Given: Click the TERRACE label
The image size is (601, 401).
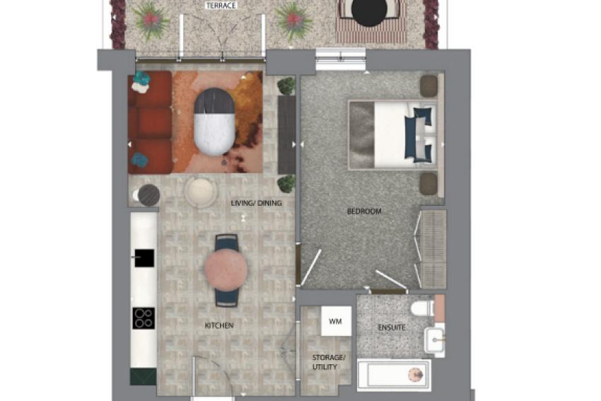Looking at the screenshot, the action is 221,6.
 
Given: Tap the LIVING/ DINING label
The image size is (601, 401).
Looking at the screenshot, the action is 257,203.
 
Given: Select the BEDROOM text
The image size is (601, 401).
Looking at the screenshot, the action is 364,211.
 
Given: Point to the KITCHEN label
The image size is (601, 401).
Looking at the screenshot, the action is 219,325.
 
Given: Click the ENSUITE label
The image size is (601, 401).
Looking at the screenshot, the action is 392,327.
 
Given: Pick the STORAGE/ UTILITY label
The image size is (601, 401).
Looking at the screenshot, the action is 329,362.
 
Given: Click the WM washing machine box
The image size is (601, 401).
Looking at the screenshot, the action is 336,321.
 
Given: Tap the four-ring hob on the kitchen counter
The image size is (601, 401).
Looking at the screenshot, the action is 144,318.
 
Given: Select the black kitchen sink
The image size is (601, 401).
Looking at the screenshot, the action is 144,258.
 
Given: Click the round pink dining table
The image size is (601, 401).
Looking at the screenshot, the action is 226,270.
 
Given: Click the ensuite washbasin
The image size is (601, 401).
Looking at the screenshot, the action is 435,339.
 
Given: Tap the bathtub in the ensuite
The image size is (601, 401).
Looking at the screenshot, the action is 394,375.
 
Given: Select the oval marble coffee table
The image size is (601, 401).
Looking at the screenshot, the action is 214,122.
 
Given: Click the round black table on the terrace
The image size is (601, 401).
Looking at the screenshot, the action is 370,11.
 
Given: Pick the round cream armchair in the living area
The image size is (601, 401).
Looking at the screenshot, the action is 200,192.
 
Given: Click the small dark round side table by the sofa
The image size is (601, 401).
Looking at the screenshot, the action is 149,195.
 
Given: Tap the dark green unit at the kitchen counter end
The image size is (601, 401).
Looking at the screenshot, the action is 144,376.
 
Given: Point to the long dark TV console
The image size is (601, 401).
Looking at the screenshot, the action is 286,134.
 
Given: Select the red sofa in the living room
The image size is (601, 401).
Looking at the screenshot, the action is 150,122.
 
